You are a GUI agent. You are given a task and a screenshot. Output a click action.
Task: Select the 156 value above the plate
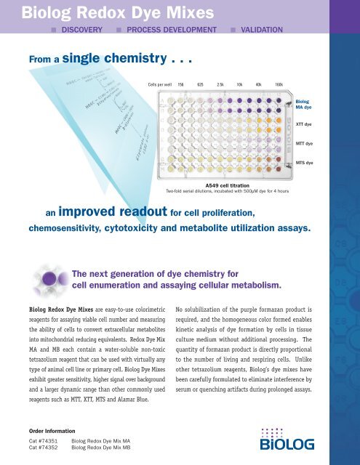(x=182, y=84)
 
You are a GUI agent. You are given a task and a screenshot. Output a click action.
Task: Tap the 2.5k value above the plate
(x=220, y=84)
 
